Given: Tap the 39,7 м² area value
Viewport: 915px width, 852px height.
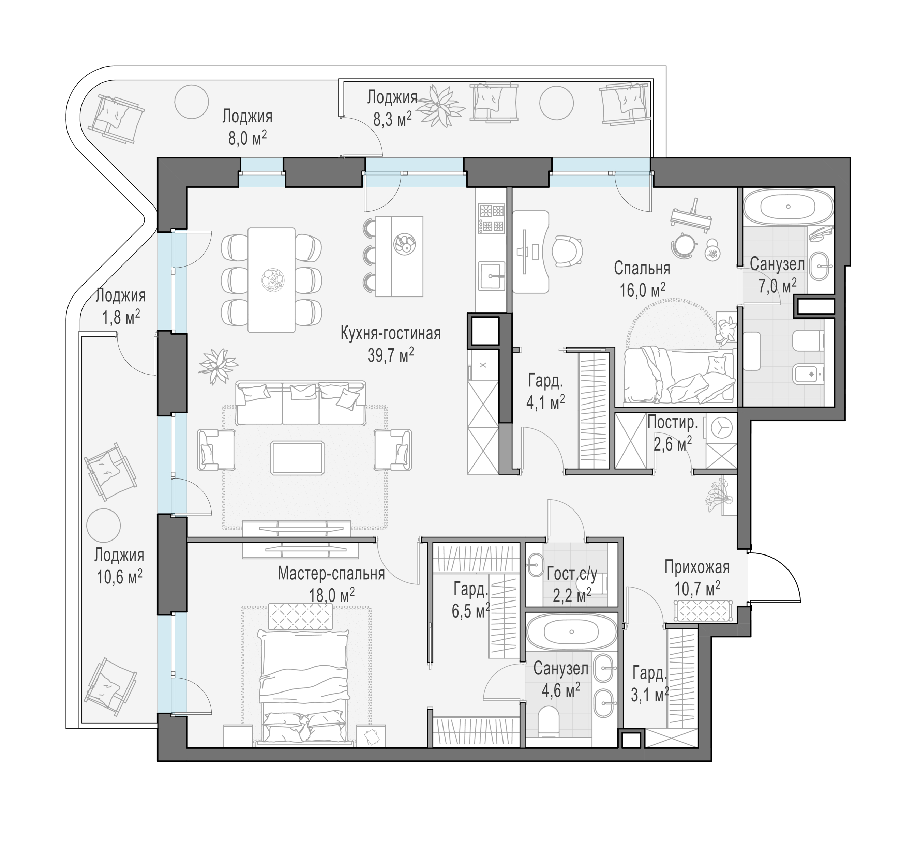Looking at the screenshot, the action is [390, 355].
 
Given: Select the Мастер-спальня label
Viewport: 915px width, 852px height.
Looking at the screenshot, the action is [331, 574].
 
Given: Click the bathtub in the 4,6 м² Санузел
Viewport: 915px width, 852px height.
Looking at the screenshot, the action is [571, 632].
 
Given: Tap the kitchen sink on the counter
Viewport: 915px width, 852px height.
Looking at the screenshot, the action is [492, 276].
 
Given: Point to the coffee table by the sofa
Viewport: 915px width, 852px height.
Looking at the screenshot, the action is [297, 458].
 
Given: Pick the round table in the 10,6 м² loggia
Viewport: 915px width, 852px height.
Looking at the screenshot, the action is [104, 526].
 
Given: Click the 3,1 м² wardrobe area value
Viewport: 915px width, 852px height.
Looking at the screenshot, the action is [649, 695].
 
